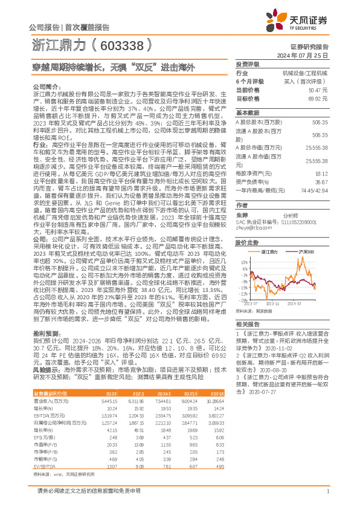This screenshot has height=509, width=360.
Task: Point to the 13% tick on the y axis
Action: [x=243, y=262]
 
